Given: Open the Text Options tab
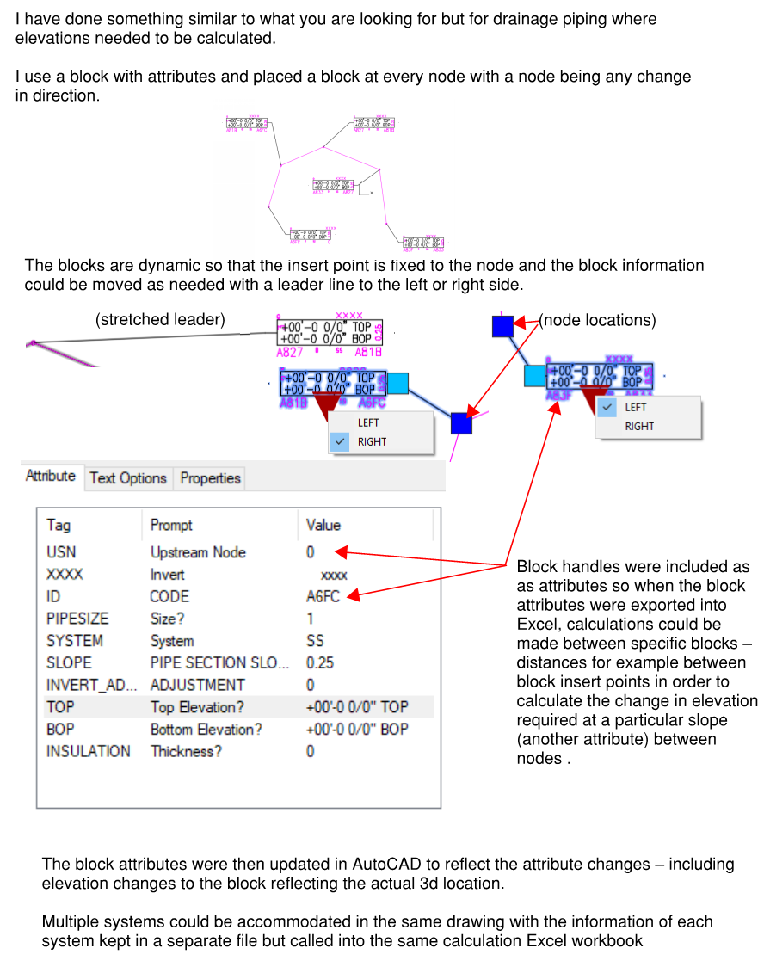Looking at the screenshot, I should coord(128,478).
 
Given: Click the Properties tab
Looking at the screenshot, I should coord(210,478).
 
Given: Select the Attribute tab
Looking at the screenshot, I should coord(51,476).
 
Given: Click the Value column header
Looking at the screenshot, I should coord(323,525).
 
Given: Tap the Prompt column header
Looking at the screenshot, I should coord(171,525).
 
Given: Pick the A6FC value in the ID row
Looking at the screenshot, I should coord(320,596).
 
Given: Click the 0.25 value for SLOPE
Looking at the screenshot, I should coord(319,663).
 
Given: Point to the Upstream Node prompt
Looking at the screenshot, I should coord(198,552).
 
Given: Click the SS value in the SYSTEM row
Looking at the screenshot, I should coord(315,641).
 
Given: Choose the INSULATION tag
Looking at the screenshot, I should coord(89,751).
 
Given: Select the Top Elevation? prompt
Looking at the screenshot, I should coord(196,707).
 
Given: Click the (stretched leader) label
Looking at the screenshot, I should coord(160,320).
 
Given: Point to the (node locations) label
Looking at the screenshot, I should coord(597,320).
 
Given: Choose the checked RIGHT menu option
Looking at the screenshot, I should coord(372,441).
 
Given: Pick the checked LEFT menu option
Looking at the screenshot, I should coord(635,407).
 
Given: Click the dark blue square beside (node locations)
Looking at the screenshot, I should coord(502,326).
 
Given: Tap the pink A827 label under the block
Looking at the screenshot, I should coord(289,352).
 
